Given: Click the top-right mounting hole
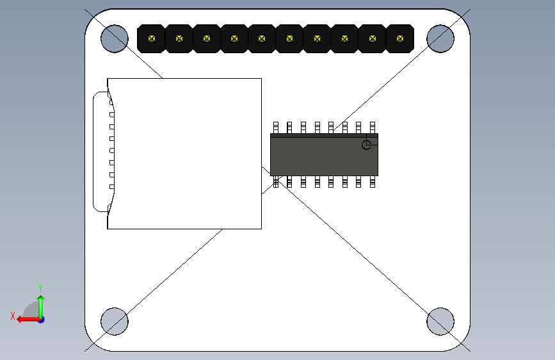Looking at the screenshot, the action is click(440, 38).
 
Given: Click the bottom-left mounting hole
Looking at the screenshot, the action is click(115, 321).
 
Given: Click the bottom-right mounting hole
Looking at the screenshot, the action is click(440, 321).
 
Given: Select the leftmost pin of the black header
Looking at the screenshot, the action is click(152, 38).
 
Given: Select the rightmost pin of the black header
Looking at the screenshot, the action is click(400, 38).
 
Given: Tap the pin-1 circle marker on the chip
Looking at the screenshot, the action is click(366, 144).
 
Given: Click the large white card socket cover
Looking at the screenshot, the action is click(186, 154).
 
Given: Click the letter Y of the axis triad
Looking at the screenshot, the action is click(40, 288).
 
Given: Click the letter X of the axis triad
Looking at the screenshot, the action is click(13, 316).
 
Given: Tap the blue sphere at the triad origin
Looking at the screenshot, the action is click(41, 319).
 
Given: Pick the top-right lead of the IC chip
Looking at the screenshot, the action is click(373, 127).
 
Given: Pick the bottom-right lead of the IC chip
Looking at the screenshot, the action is click(373, 182).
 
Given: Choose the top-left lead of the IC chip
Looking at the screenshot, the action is click(276, 127).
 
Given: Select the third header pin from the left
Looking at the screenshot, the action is click(207, 38).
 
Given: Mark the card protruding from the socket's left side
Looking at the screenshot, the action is click(100, 152).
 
